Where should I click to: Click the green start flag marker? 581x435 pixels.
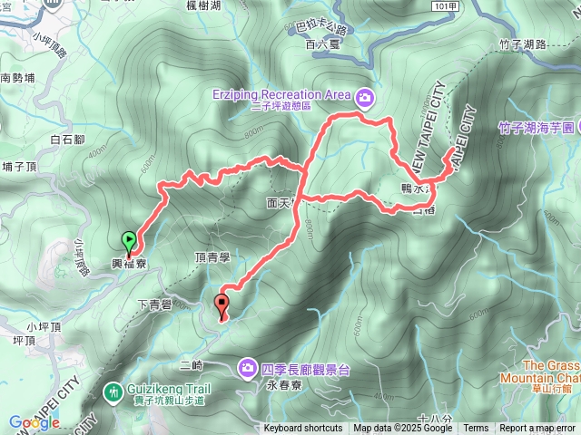(x=130, y=241)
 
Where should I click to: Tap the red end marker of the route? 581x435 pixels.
(x=222, y=304)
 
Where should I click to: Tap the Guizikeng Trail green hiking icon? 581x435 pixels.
(x=113, y=392)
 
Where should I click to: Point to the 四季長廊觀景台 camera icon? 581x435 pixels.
(x=247, y=367)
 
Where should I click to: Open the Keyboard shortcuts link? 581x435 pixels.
(x=303, y=429)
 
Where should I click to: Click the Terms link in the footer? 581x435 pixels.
(x=476, y=429)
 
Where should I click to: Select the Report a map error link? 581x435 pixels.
(x=537, y=429)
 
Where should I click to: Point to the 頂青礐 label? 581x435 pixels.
(x=212, y=258)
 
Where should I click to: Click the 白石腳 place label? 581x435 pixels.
(x=68, y=140)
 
